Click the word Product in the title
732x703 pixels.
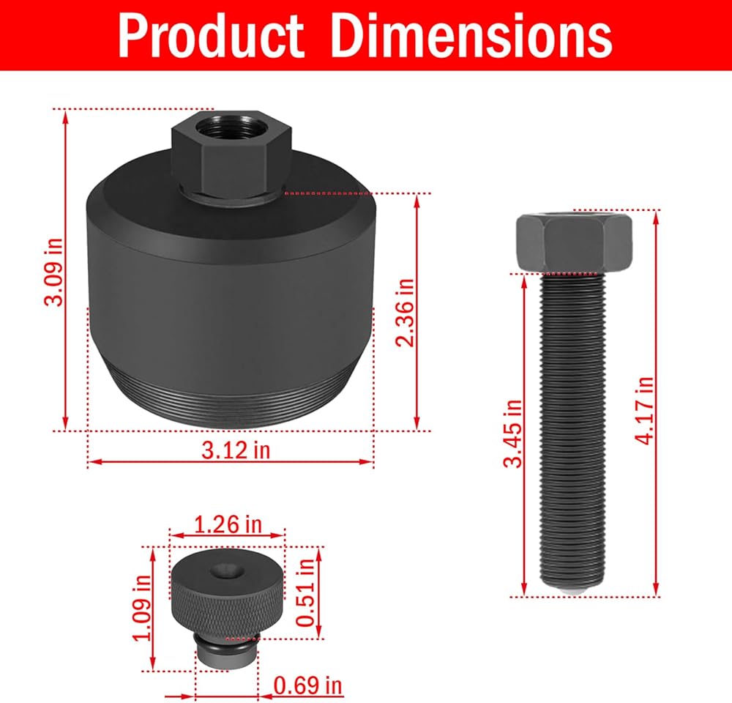pos(211,36)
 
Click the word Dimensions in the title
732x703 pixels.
pos(471,35)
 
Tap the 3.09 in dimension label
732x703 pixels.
pos(53,272)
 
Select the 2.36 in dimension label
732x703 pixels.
pos(405,313)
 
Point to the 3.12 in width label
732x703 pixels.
pos(236,450)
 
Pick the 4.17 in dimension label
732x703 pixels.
pos(644,411)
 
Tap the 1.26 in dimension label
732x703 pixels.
pos(228,524)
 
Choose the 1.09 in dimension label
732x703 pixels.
pos(143,608)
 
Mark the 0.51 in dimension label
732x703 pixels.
pos(306,592)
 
